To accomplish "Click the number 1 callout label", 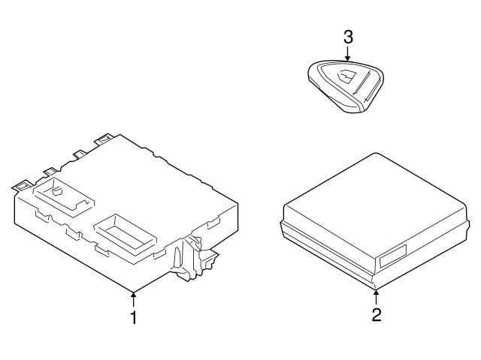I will pos(134,318).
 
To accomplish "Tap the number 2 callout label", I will pos(377,314).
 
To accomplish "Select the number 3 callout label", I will pos(347,37).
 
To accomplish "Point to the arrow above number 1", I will pos(134,298).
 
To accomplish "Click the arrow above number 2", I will pos(377,295).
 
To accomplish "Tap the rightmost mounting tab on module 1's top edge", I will pos(103,138).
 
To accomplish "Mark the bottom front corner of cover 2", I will pos(376,284).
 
